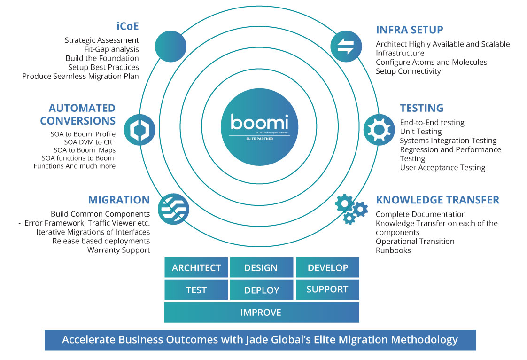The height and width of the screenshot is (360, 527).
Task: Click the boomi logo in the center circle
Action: [260, 123]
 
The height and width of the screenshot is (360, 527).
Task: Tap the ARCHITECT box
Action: [196, 267]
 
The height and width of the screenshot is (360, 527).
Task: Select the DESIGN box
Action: [261, 267]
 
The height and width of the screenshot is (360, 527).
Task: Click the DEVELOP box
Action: [327, 267]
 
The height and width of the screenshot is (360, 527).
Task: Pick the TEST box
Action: [196, 290]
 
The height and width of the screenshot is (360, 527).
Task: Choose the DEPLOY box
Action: [261, 290]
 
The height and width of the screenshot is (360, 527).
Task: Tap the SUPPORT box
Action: [327, 290]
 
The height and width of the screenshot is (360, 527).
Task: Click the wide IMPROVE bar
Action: [261, 313]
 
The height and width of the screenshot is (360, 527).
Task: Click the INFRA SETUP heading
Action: [409, 30]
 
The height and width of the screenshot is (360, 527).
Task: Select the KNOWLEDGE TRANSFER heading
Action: [437, 200]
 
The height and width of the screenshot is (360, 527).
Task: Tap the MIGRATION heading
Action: [119, 200]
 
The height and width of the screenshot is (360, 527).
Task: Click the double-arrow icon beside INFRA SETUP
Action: [346, 46]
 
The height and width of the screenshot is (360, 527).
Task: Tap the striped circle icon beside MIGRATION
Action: [172, 208]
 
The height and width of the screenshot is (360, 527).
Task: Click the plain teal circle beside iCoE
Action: [170, 46]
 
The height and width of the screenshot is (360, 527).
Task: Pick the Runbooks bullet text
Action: [393, 250]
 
